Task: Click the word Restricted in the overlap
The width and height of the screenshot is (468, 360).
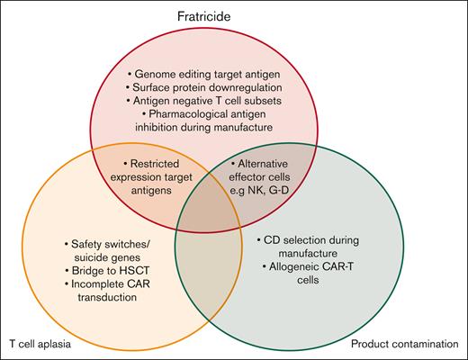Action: point(165,164)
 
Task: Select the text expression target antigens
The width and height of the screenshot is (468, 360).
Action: point(164,178)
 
